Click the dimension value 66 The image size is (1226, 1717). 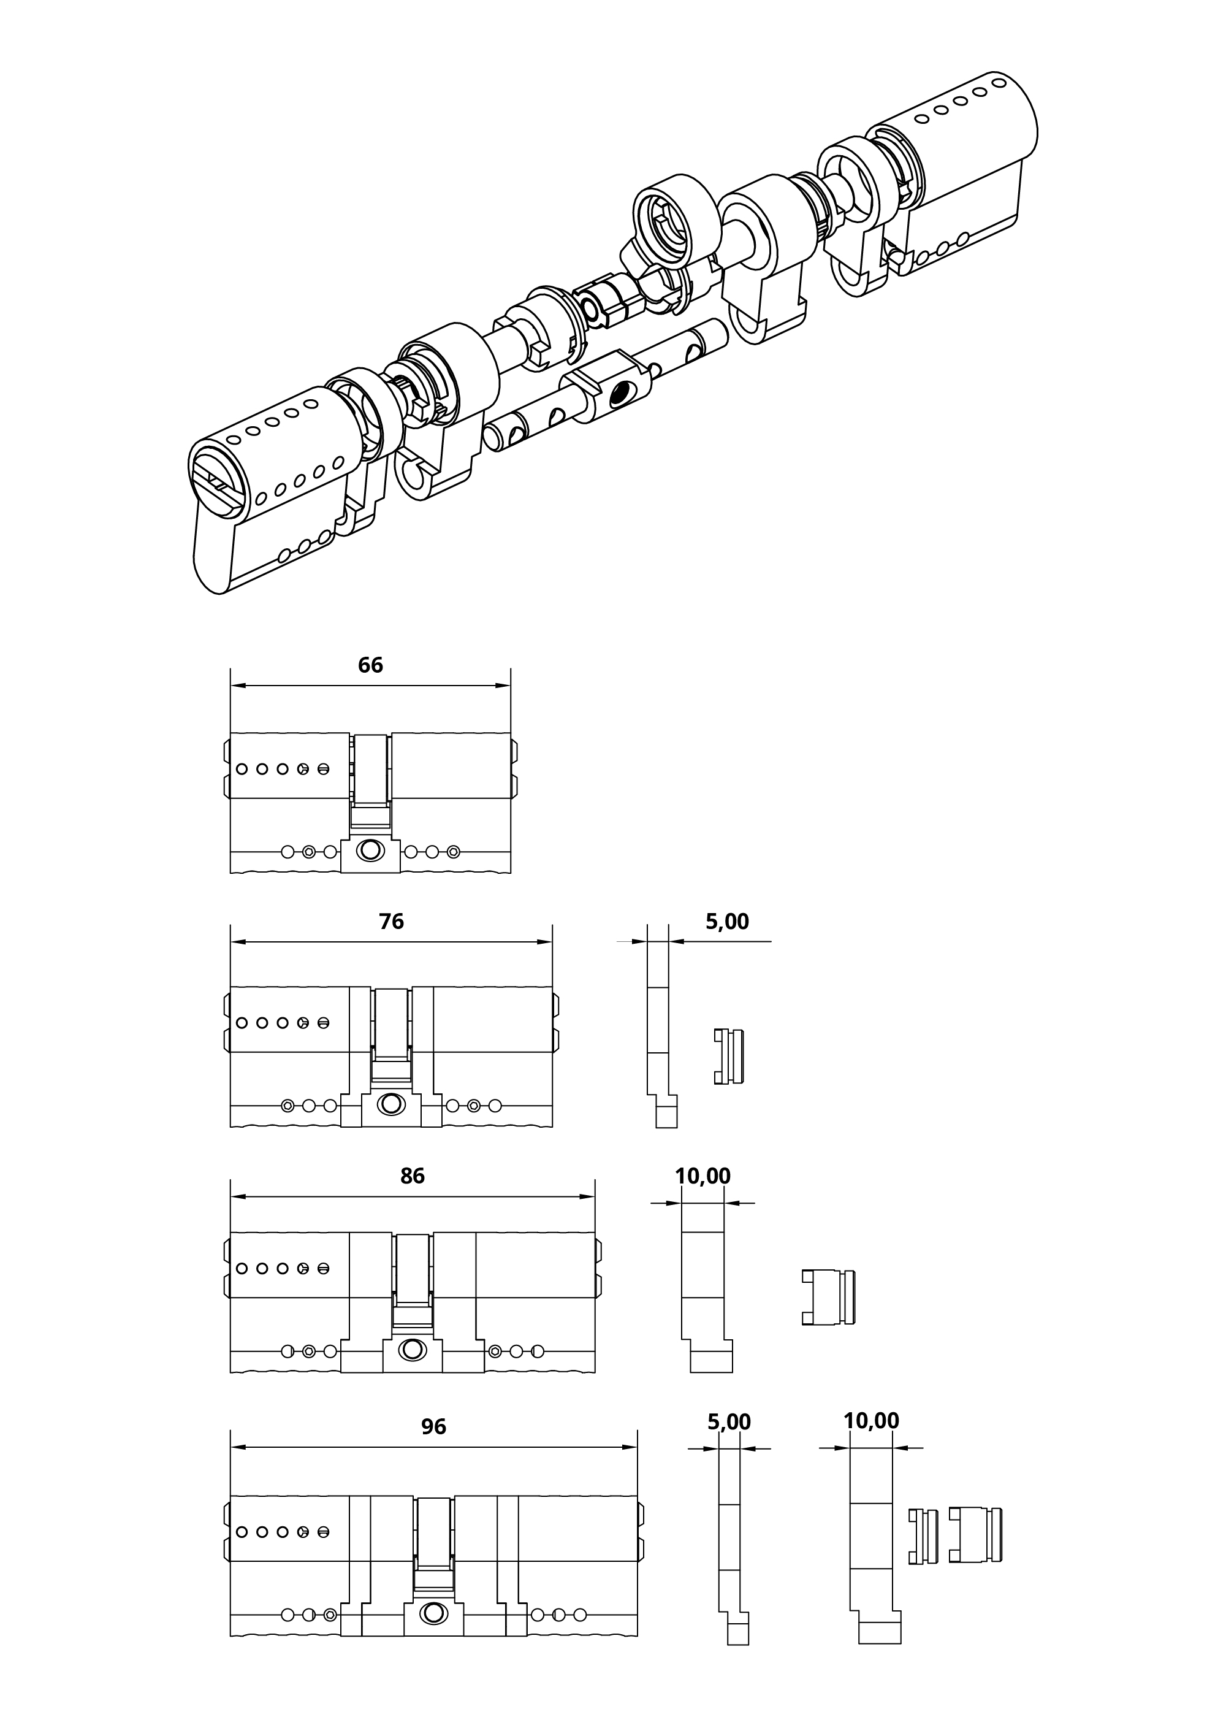pyautogui.click(x=370, y=665)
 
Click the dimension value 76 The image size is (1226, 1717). pyautogui.click(x=391, y=921)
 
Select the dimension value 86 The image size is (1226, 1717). pyautogui.click(x=412, y=1176)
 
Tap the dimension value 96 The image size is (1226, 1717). pyautogui.click(x=433, y=1426)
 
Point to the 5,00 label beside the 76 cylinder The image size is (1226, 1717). pyautogui.click(x=727, y=921)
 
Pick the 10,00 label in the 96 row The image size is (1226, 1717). pyautogui.click(x=871, y=1421)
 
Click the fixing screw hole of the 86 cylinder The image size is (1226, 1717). pyautogui.click(x=412, y=1349)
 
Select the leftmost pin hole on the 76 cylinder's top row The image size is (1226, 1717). pyautogui.click(x=242, y=1023)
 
